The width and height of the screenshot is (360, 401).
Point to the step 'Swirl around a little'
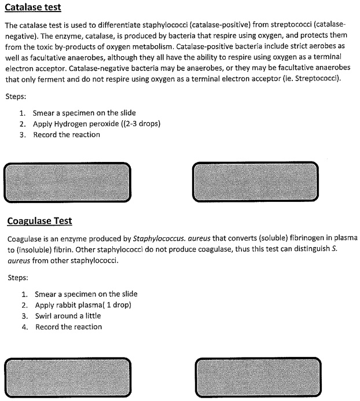click(x=68, y=316)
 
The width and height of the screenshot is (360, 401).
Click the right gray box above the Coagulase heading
click(x=255, y=182)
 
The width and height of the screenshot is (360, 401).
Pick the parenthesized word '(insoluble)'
click(x=36, y=249)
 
